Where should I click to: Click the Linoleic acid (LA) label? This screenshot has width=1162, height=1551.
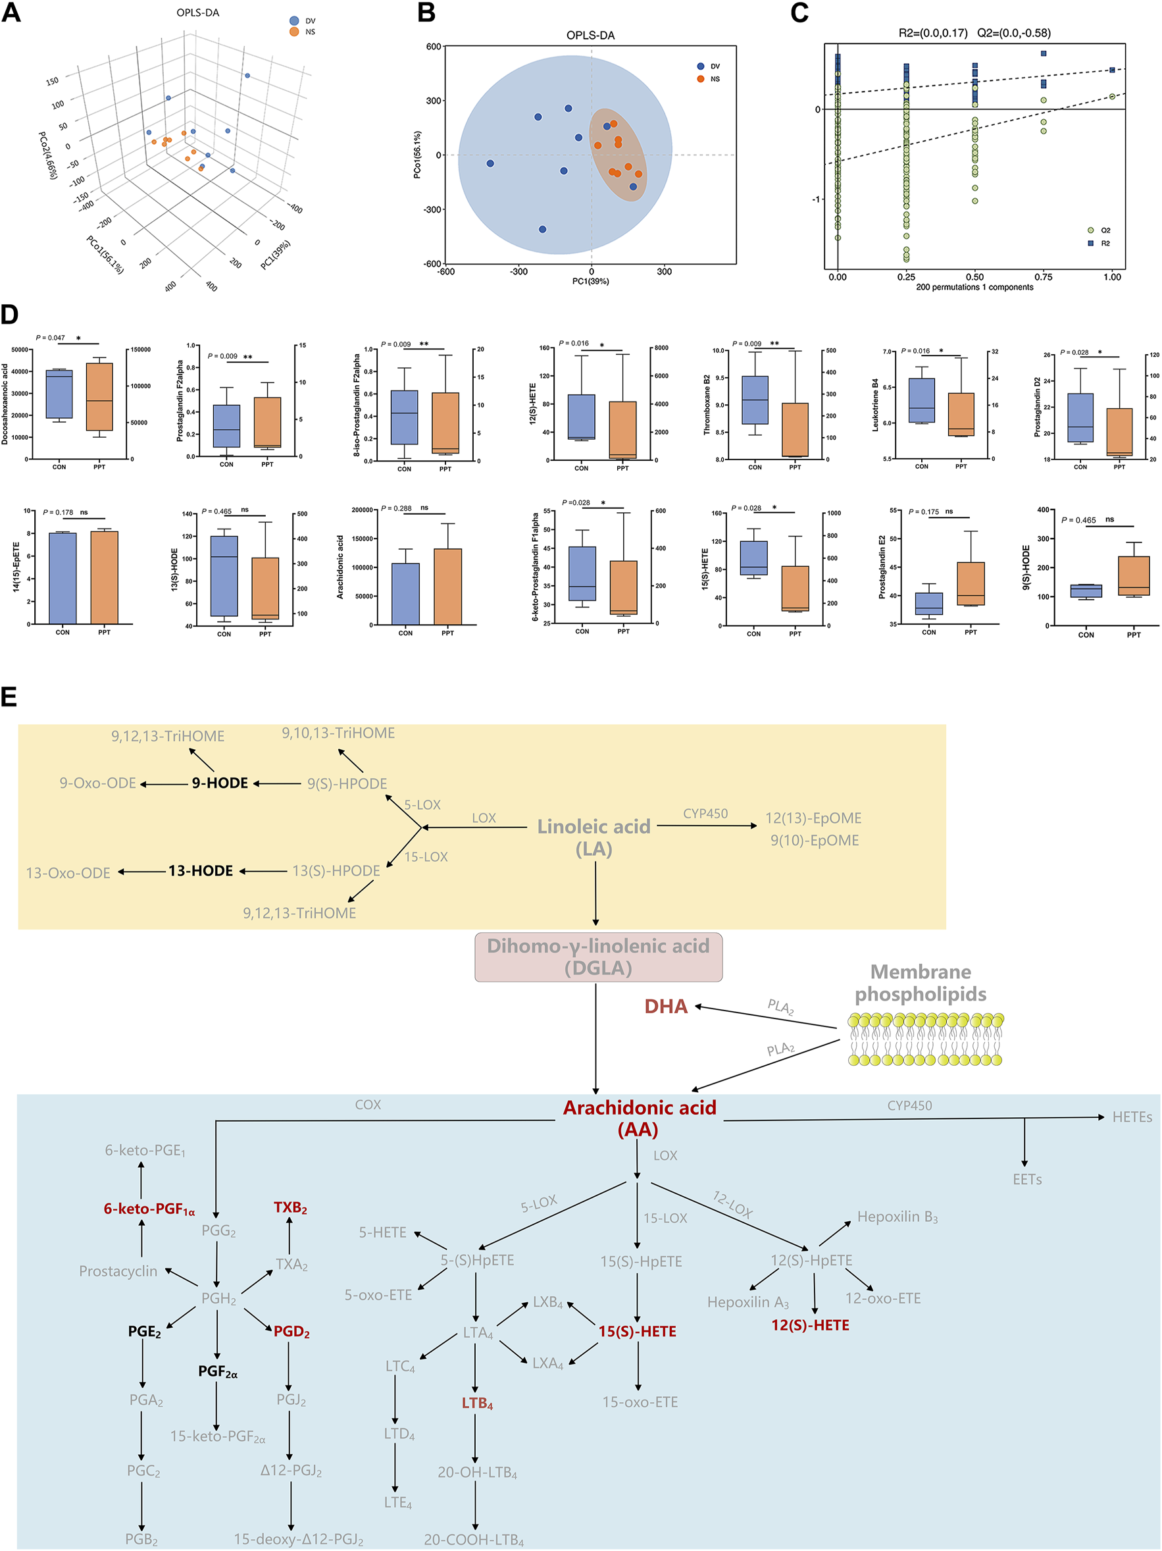(x=594, y=837)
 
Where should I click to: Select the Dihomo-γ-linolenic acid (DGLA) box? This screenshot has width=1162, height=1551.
(x=598, y=957)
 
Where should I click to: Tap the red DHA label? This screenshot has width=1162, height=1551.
(x=665, y=1006)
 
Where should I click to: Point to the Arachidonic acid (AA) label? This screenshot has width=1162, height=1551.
(x=639, y=1118)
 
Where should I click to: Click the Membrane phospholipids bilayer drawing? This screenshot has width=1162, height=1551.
(x=925, y=1039)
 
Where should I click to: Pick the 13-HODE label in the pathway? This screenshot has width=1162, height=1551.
(x=201, y=871)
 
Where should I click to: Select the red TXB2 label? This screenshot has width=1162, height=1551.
(x=290, y=1207)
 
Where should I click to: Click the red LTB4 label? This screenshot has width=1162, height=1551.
(x=476, y=1403)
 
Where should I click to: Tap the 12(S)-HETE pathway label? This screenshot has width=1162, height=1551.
(x=810, y=1325)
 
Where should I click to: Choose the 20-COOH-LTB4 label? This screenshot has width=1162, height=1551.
(x=474, y=1540)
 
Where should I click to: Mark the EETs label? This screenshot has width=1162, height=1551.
(x=1026, y=1179)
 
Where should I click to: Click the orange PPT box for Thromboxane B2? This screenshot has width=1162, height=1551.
(x=795, y=430)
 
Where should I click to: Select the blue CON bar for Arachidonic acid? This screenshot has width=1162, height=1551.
(x=406, y=594)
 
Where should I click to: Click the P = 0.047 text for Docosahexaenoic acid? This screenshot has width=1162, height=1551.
(x=51, y=338)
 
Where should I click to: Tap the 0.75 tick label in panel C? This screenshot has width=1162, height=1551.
(x=1044, y=277)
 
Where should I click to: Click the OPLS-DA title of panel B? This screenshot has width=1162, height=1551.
(x=590, y=36)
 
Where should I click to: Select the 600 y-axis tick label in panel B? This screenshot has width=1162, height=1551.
(x=433, y=47)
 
